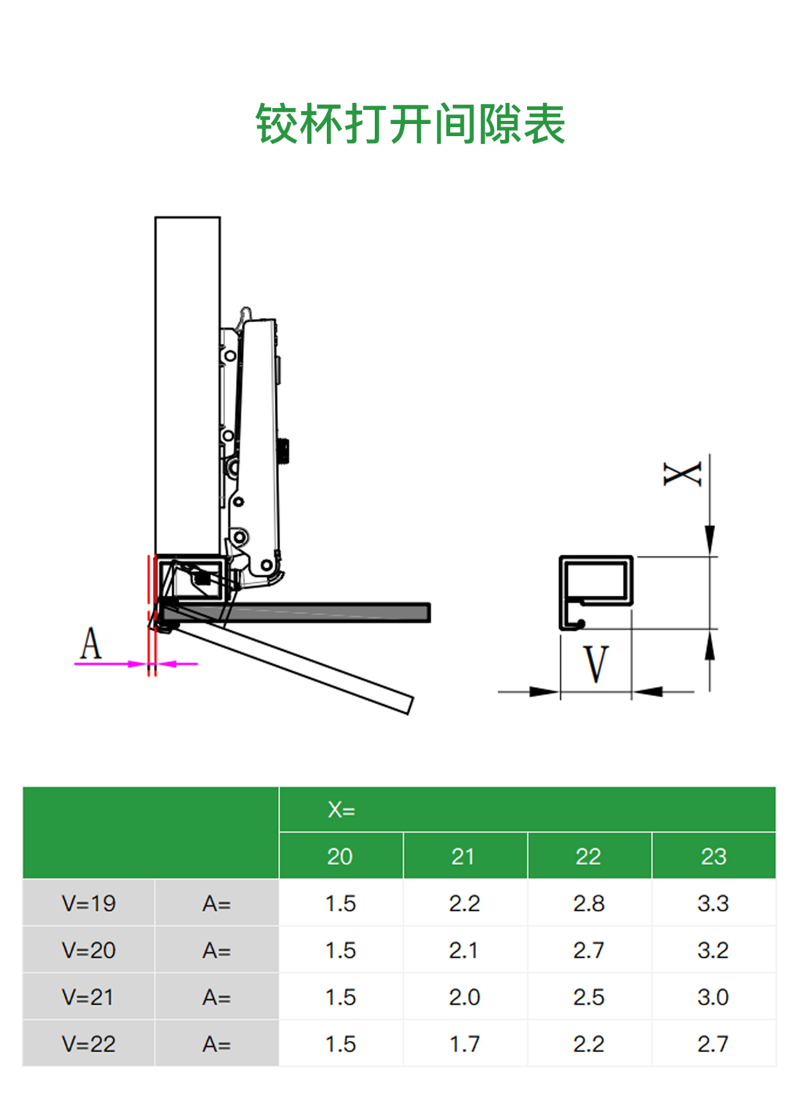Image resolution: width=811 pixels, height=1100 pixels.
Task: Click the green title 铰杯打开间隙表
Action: click(410, 124)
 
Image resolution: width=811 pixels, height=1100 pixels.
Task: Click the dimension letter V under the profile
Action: click(596, 664)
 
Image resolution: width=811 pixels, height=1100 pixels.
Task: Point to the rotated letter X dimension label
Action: click(682, 474)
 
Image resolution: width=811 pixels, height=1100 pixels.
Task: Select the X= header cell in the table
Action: click(341, 810)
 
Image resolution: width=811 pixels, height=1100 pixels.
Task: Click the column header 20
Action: click(340, 856)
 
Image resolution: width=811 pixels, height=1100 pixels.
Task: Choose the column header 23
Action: click(713, 856)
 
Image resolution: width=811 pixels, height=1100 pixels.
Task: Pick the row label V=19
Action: click(88, 903)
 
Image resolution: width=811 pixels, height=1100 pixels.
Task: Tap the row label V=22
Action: click(88, 1044)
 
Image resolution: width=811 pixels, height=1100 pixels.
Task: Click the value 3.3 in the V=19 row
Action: click(713, 903)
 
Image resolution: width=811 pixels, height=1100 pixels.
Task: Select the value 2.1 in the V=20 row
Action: click(464, 950)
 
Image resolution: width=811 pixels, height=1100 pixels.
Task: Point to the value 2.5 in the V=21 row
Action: click(588, 997)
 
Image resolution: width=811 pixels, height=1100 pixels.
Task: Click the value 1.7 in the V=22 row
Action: click(464, 1044)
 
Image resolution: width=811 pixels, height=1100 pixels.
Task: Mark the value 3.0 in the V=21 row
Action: click(713, 997)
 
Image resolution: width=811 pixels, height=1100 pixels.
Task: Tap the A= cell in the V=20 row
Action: click(216, 950)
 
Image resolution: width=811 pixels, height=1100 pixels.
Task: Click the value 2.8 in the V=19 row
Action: click(588, 903)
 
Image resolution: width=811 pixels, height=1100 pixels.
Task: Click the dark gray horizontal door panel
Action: click(301, 612)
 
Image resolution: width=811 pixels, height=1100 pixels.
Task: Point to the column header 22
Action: click(588, 856)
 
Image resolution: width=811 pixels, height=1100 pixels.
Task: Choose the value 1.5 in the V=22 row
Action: click(340, 1044)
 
